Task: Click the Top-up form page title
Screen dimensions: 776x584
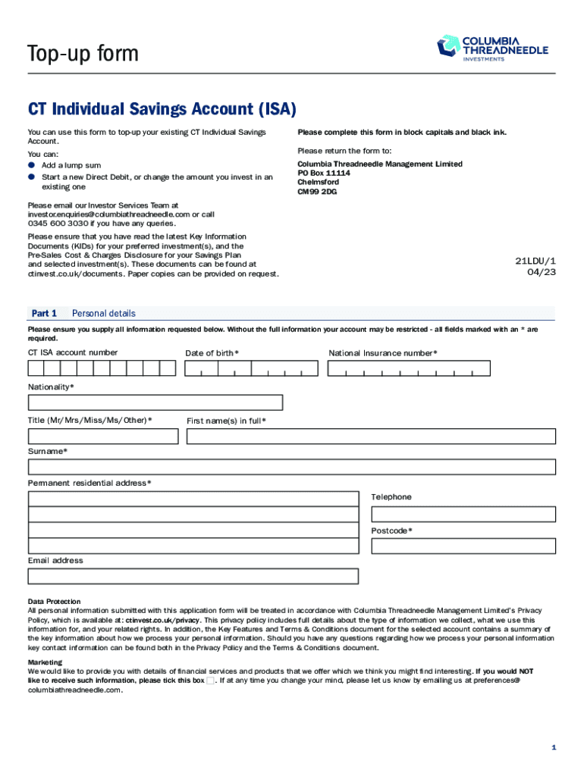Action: [83, 54]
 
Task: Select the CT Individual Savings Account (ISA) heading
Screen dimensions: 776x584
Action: [162, 110]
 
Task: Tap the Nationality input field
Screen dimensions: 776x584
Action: [155, 402]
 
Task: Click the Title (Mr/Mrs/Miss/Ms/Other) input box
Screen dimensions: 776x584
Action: [103, 436]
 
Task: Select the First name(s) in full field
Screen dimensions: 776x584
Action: [371, 436]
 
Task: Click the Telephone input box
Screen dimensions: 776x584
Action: [463, 514]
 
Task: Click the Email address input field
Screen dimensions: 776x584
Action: [193, 576]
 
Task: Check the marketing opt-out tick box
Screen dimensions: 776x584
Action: [210, 681]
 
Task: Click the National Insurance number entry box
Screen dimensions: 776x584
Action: [409, 368]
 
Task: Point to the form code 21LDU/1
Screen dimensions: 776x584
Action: [535, 261]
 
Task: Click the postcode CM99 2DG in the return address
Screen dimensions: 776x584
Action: [317, 192]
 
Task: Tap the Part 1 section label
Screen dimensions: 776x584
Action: [44, 313]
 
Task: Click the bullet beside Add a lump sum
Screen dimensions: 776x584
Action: [32, 165]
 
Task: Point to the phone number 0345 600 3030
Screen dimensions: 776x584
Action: [58, 224]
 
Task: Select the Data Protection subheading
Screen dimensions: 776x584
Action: [54, 601]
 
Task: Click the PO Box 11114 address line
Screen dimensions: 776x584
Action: [324, 174]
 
